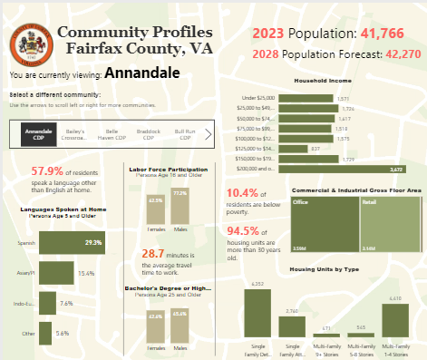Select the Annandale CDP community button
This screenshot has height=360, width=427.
click(40, 135)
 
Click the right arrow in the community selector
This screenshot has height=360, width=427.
click(209, 135)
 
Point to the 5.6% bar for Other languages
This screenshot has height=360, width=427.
click(44, 333)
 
